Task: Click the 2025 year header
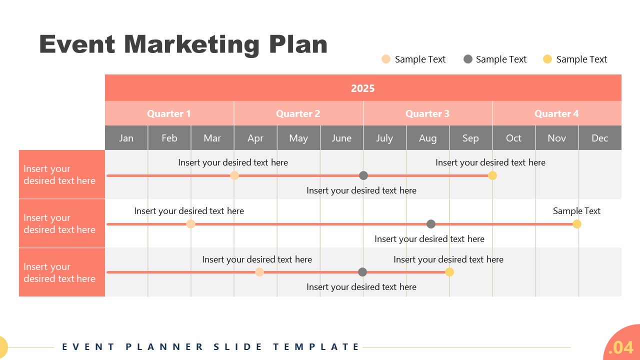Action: [363, 88]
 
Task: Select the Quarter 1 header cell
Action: [169, 113]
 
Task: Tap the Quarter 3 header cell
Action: [427, 113]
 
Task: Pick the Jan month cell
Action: [126, 138]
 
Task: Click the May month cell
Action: [298, 138]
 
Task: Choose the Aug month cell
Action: [427, 138]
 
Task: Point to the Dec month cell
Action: [599, 138]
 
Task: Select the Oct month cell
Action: [513, 138]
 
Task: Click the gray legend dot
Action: [468, 59]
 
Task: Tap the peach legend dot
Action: [386, 59]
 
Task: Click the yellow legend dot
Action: [547, 59]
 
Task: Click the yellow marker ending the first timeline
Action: [492, 175]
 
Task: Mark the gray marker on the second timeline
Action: [431, 224]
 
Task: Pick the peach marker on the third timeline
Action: [259, 272]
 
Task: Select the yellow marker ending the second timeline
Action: [577, 224]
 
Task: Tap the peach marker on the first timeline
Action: [234, 175]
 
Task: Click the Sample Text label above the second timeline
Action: [576, 211]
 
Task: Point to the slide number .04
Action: [621, 347]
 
